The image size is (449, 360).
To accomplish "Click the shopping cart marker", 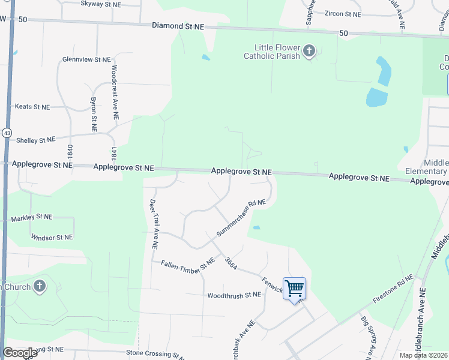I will [294, 289].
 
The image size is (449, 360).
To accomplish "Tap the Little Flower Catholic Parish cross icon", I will [309, 51].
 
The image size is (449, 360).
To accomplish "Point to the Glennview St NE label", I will [86, 60].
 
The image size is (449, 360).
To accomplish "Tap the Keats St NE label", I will [32, 107].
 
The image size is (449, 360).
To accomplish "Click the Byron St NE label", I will [94, 115].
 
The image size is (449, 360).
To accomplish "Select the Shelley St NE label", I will [35, 140].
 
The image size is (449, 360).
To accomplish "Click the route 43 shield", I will [7, 132].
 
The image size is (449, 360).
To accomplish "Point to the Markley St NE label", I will [32, 217].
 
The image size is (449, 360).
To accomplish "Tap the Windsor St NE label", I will [52, 238].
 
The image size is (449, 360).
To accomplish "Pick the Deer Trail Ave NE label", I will [153, 224].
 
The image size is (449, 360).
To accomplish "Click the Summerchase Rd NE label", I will [241, 218].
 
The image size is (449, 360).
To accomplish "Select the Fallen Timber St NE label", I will [188, 263].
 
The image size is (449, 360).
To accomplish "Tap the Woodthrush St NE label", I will [234, 295].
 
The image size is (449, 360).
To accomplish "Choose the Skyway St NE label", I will [101, 4].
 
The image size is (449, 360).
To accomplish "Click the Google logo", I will [20, 353].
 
